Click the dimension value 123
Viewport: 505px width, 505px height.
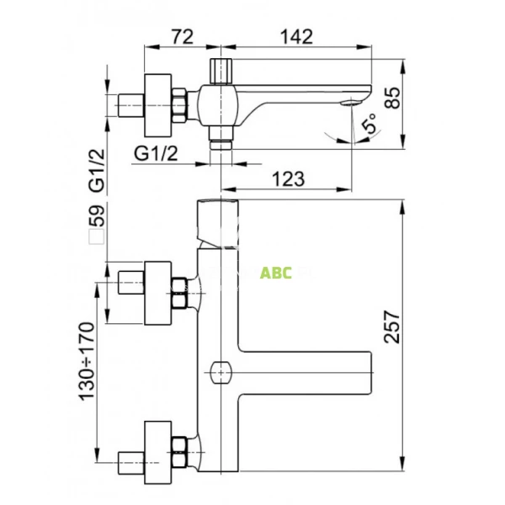point(289,178)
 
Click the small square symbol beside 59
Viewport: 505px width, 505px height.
point(98,237)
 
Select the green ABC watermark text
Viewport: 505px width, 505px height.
point(275,274)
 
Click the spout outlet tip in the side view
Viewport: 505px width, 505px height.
point(350,103)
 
